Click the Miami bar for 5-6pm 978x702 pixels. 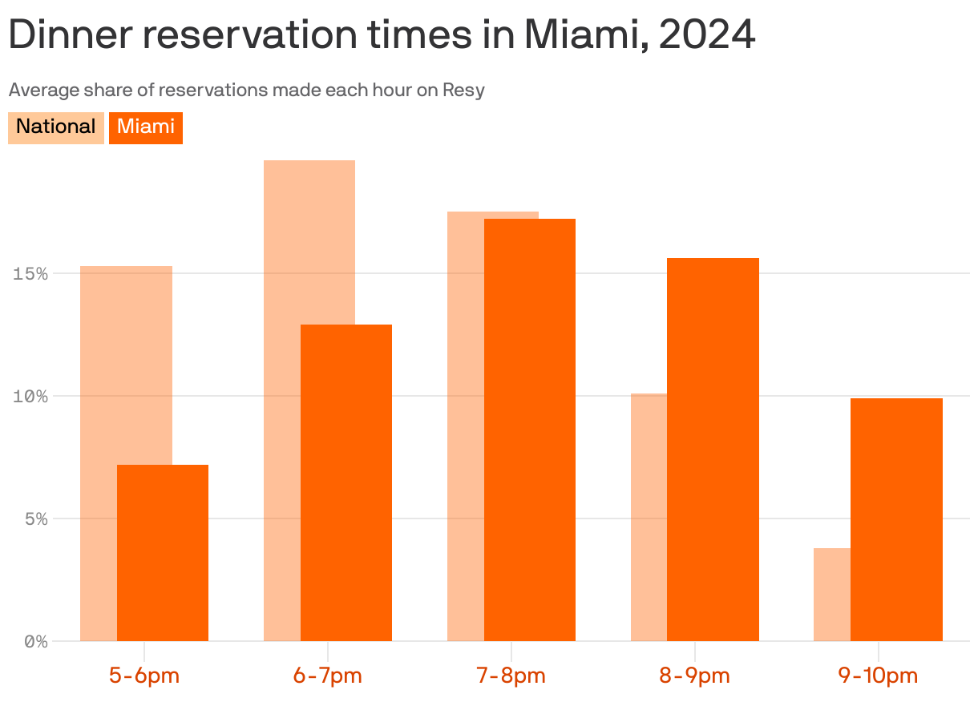click(x=163, y=553)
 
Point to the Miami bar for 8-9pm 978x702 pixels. click(x=713, y=449)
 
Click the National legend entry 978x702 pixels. click(x=56, y=127)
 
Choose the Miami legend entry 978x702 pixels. click(x=146, y=127)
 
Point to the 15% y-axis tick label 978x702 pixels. click(x=30, y=273)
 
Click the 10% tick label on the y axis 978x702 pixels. click(x=30, y=396)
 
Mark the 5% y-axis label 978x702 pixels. click(x=35, y=518)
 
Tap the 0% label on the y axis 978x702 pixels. click(x=35, y=641)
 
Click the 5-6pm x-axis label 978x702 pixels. click(x=144, y=675)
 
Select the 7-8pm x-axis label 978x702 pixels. click(x=511, y=675)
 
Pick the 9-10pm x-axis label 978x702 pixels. click(x=878, y=675)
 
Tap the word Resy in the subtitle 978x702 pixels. click(x=464, y=90)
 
